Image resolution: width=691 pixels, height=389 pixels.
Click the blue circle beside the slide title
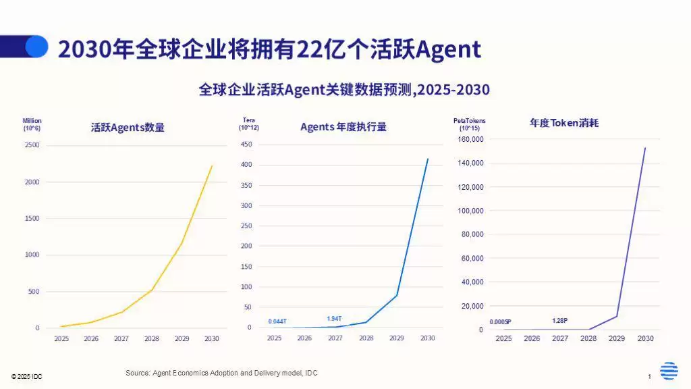pyautogui.click(x=36, y=47)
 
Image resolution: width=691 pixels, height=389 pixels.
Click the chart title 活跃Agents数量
pyautogui.click(x=128, y=127)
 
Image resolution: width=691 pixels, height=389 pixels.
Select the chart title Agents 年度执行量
pyautogui.click(x=343, y=126)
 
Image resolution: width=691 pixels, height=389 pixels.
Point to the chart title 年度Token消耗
pyautogui.click(x=564, y=123)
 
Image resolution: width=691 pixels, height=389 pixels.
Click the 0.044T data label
pyautogui.click(x=277, y=321)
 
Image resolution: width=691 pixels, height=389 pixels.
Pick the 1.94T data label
pyautogui.click(x=334, y=319)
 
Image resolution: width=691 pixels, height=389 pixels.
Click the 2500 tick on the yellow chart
pyautogui.click(x=32, y=145)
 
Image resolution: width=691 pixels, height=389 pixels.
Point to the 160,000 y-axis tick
pyautogui.click(x=471, y=139)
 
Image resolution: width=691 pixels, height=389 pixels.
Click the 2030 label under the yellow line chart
pyautogui.click(x=211, y=338)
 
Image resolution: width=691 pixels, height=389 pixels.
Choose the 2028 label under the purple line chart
pyautogui.click(x=588, y=338)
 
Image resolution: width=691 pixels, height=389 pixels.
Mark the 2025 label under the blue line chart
pyautogui.click(x=274, y=338)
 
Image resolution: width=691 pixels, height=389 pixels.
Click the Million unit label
pyautogui.click(x=32, y=121)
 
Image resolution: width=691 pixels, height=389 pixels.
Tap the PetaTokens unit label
pyautogui.click(x=469, y=121)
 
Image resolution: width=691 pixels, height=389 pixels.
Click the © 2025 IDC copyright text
pyautogui.click(x=26, y=376)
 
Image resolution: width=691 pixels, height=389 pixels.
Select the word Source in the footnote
pyautogui.click(x=136, y=373)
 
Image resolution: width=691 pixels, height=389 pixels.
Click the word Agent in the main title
pyautogui.click(x=449, y=49)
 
